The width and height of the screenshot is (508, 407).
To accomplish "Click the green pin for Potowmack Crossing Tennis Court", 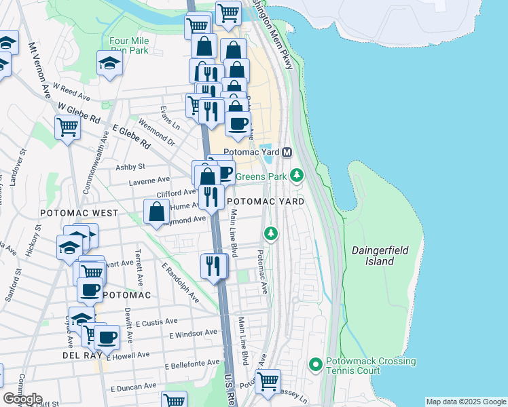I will tap(315, 365).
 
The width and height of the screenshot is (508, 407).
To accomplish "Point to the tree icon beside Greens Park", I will tap(296, 176).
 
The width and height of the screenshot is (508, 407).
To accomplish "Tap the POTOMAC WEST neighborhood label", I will tap(79, 213).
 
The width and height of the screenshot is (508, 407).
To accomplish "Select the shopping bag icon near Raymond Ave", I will tap(157, 212).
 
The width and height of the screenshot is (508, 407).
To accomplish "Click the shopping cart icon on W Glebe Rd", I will tap(67, 126).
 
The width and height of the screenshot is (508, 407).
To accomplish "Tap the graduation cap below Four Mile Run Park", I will tap(109, 64).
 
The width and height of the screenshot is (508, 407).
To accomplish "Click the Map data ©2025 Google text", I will tap(465, 402).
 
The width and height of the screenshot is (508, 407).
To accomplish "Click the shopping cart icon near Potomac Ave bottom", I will tap(268, 381).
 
